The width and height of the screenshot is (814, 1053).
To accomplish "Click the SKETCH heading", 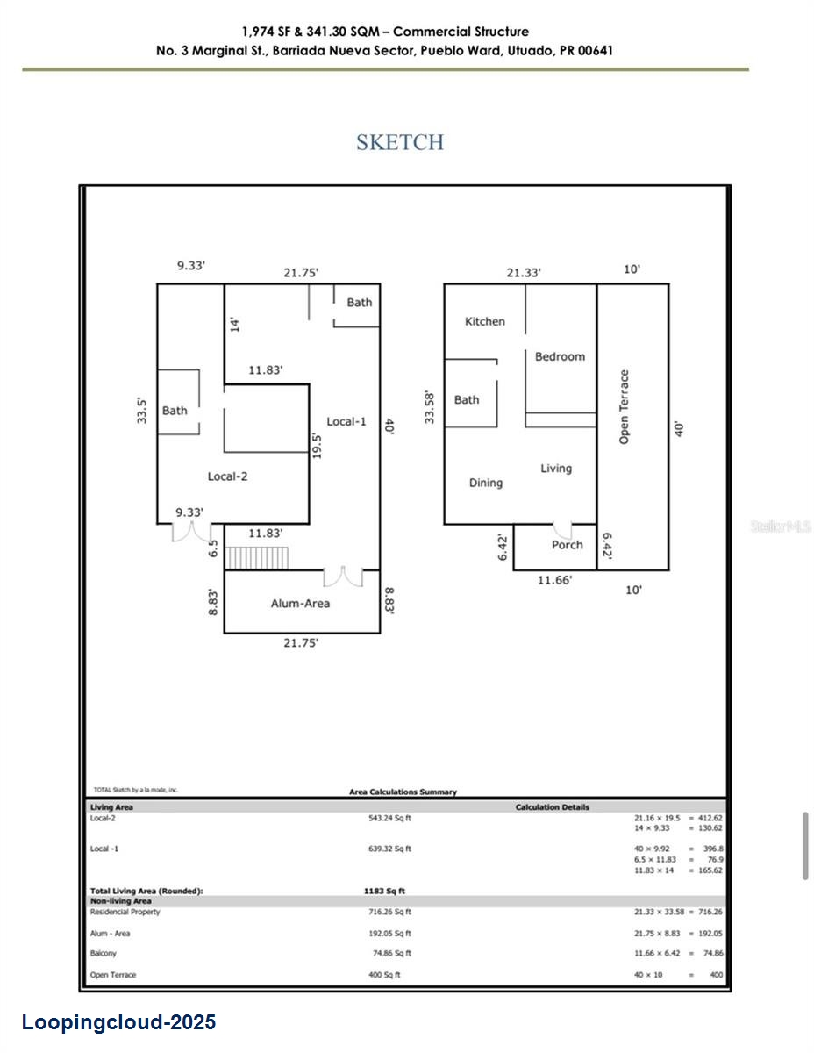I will (400, 142).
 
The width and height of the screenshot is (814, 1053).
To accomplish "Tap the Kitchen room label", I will (485, 322).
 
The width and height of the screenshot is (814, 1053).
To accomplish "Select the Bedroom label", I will (560, 356).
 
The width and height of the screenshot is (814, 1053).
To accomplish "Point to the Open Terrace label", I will (625, 406).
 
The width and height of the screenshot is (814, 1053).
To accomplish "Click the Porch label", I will (567, 545).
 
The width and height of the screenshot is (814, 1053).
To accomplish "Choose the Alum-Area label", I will (300, 603).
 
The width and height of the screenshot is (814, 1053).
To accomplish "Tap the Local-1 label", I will (346, 421).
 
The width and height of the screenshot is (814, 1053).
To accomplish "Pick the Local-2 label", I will (227, 476).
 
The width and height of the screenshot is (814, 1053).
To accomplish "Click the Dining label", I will (486, 483).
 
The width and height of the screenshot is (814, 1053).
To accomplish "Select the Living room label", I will (556, 469).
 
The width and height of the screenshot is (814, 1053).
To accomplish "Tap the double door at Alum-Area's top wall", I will (343, 577).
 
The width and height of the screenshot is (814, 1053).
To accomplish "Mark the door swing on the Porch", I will (562, 530).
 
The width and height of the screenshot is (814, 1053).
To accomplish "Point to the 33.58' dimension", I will (430, 407).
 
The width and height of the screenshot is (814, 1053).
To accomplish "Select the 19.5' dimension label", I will (317, 443).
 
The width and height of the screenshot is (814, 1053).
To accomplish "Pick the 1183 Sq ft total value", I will (384, 891).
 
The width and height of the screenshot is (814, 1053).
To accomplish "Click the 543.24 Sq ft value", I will (389, 818).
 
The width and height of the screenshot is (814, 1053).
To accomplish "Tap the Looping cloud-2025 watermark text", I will (118, 1022).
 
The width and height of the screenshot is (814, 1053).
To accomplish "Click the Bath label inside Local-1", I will (359, 303).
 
